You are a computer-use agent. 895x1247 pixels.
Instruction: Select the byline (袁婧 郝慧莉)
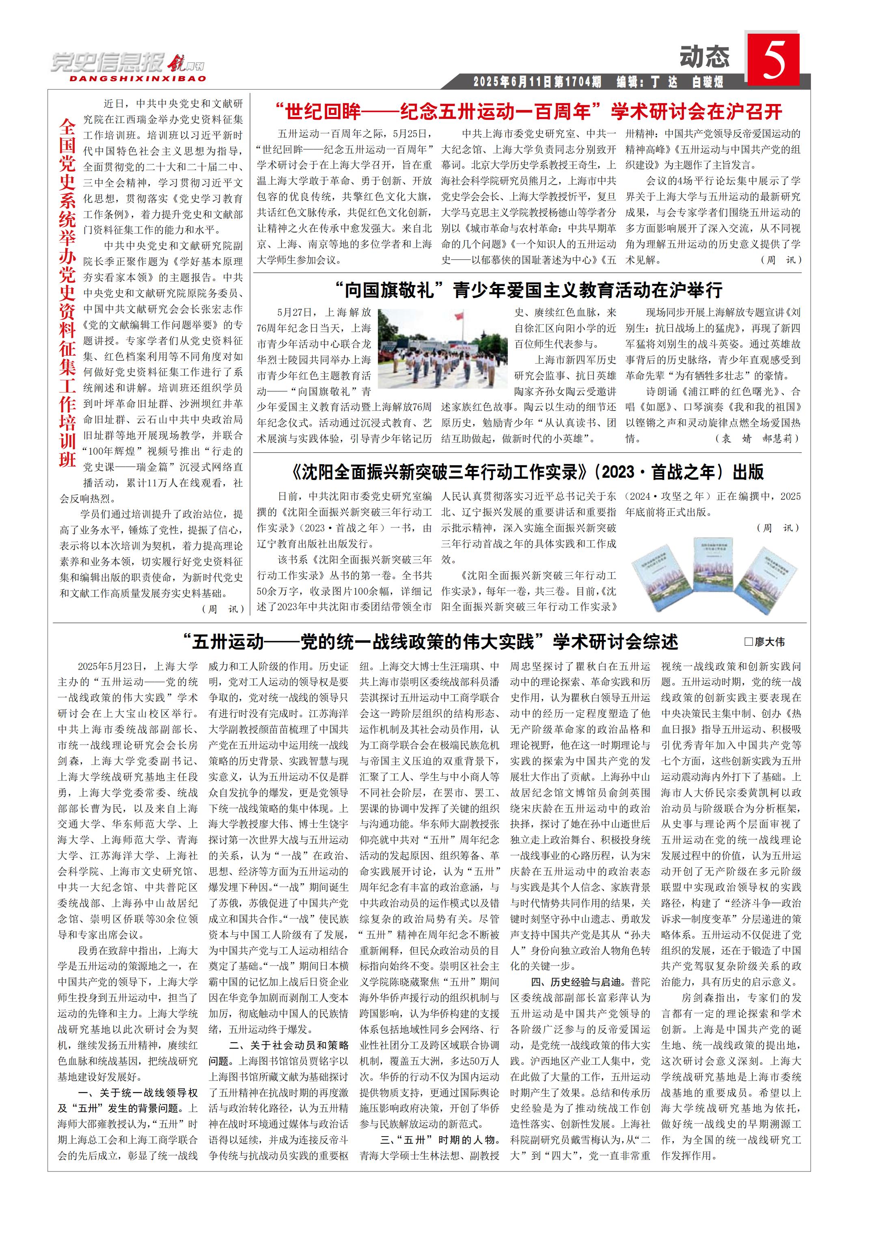pos(757,438)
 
